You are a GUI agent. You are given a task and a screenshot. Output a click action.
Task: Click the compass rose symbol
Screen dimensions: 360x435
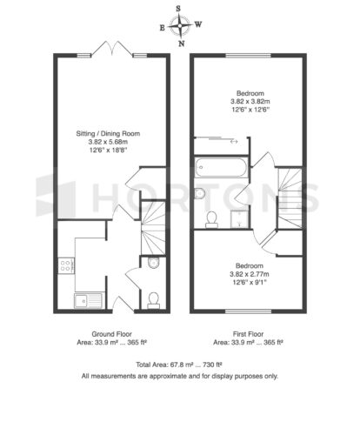point(180,26)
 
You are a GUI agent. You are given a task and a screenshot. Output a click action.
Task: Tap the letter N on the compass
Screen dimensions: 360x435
point(182,43)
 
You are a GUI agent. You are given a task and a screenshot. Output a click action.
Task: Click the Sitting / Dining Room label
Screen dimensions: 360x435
point(108,134)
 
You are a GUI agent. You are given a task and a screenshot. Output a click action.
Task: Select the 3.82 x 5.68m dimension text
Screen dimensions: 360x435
point(108,142)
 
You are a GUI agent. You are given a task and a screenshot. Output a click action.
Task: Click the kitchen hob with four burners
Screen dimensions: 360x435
point(66,265)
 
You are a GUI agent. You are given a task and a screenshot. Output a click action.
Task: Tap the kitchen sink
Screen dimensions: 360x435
point(89,300)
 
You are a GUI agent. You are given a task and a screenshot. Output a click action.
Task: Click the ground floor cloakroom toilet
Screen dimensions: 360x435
point(153,300)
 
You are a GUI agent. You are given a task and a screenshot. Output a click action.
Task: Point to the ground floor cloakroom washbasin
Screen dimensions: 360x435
point(153,263)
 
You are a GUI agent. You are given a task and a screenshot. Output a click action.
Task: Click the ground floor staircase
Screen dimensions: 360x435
point(153,228)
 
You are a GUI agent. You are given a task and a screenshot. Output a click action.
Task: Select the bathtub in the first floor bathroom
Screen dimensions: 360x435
point(221,167)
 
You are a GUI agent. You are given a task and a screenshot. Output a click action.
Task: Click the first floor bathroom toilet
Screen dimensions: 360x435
point(211,219)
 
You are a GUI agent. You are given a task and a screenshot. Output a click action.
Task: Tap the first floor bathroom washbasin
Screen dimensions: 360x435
point(199,193)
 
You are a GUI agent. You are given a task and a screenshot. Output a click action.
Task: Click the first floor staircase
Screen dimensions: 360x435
point(290,198)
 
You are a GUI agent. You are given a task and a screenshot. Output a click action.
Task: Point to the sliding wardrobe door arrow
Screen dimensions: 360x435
point(234,142)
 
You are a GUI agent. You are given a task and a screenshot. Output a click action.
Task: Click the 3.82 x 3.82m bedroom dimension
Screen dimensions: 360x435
point(250,102)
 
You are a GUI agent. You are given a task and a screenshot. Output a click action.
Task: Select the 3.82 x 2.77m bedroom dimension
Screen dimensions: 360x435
point(250,274)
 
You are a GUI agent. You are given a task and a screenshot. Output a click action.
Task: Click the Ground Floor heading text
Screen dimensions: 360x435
point(112,334)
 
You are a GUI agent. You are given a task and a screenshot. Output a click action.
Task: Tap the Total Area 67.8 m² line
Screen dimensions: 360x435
point(179,365)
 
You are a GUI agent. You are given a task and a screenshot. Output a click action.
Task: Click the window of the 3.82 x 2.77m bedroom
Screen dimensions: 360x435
point(249,311)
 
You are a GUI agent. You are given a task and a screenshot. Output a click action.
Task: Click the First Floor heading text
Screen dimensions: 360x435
point(249,334)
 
